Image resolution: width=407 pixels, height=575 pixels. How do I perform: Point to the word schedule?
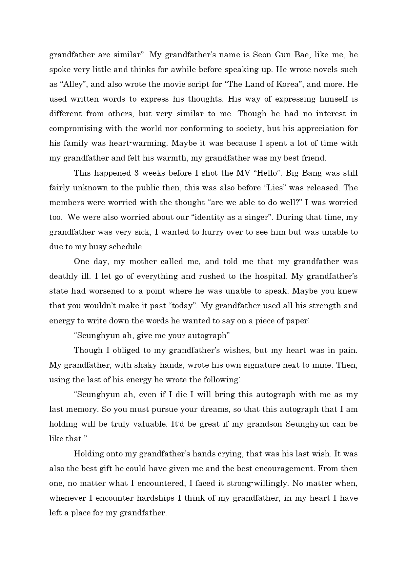(126, 247)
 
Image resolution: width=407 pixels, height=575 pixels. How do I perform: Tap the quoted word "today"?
(182, 306)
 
